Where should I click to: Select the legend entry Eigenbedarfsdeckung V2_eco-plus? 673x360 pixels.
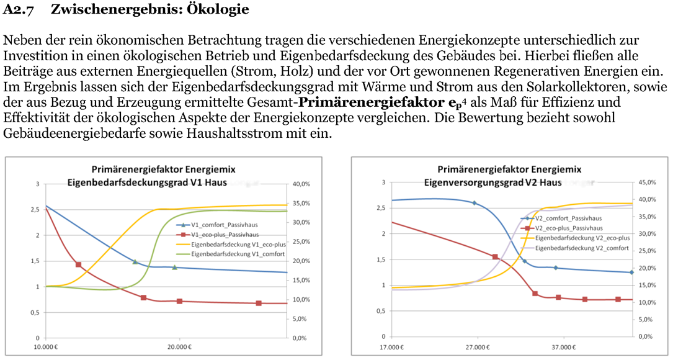(x=582, y=238)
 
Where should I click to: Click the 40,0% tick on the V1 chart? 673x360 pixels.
(x=301, y=184)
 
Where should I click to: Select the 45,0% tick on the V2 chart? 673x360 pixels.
(x=645, y=182)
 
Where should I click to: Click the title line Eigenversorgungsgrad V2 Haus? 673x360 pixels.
(x=493, y=182)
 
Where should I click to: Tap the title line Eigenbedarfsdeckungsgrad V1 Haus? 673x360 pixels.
(x=147, y=182)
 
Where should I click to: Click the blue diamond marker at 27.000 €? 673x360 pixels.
(x=475, y=203)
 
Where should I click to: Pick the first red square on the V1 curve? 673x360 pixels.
(x=78, y=264)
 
